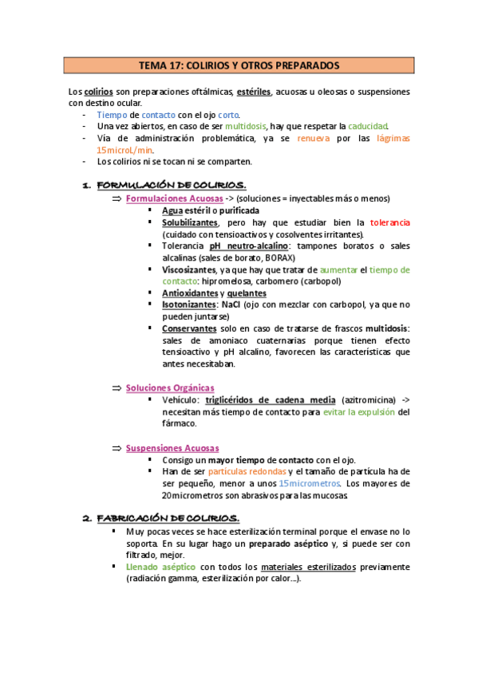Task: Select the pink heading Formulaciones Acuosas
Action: click(170, 198)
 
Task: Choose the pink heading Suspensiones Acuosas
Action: click(172, 448)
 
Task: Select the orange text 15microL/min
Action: click(124, 149)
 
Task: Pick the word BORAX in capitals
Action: click(279, 258)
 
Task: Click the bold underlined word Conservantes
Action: click(189, 328)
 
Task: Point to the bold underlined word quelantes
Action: click(247, 293)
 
